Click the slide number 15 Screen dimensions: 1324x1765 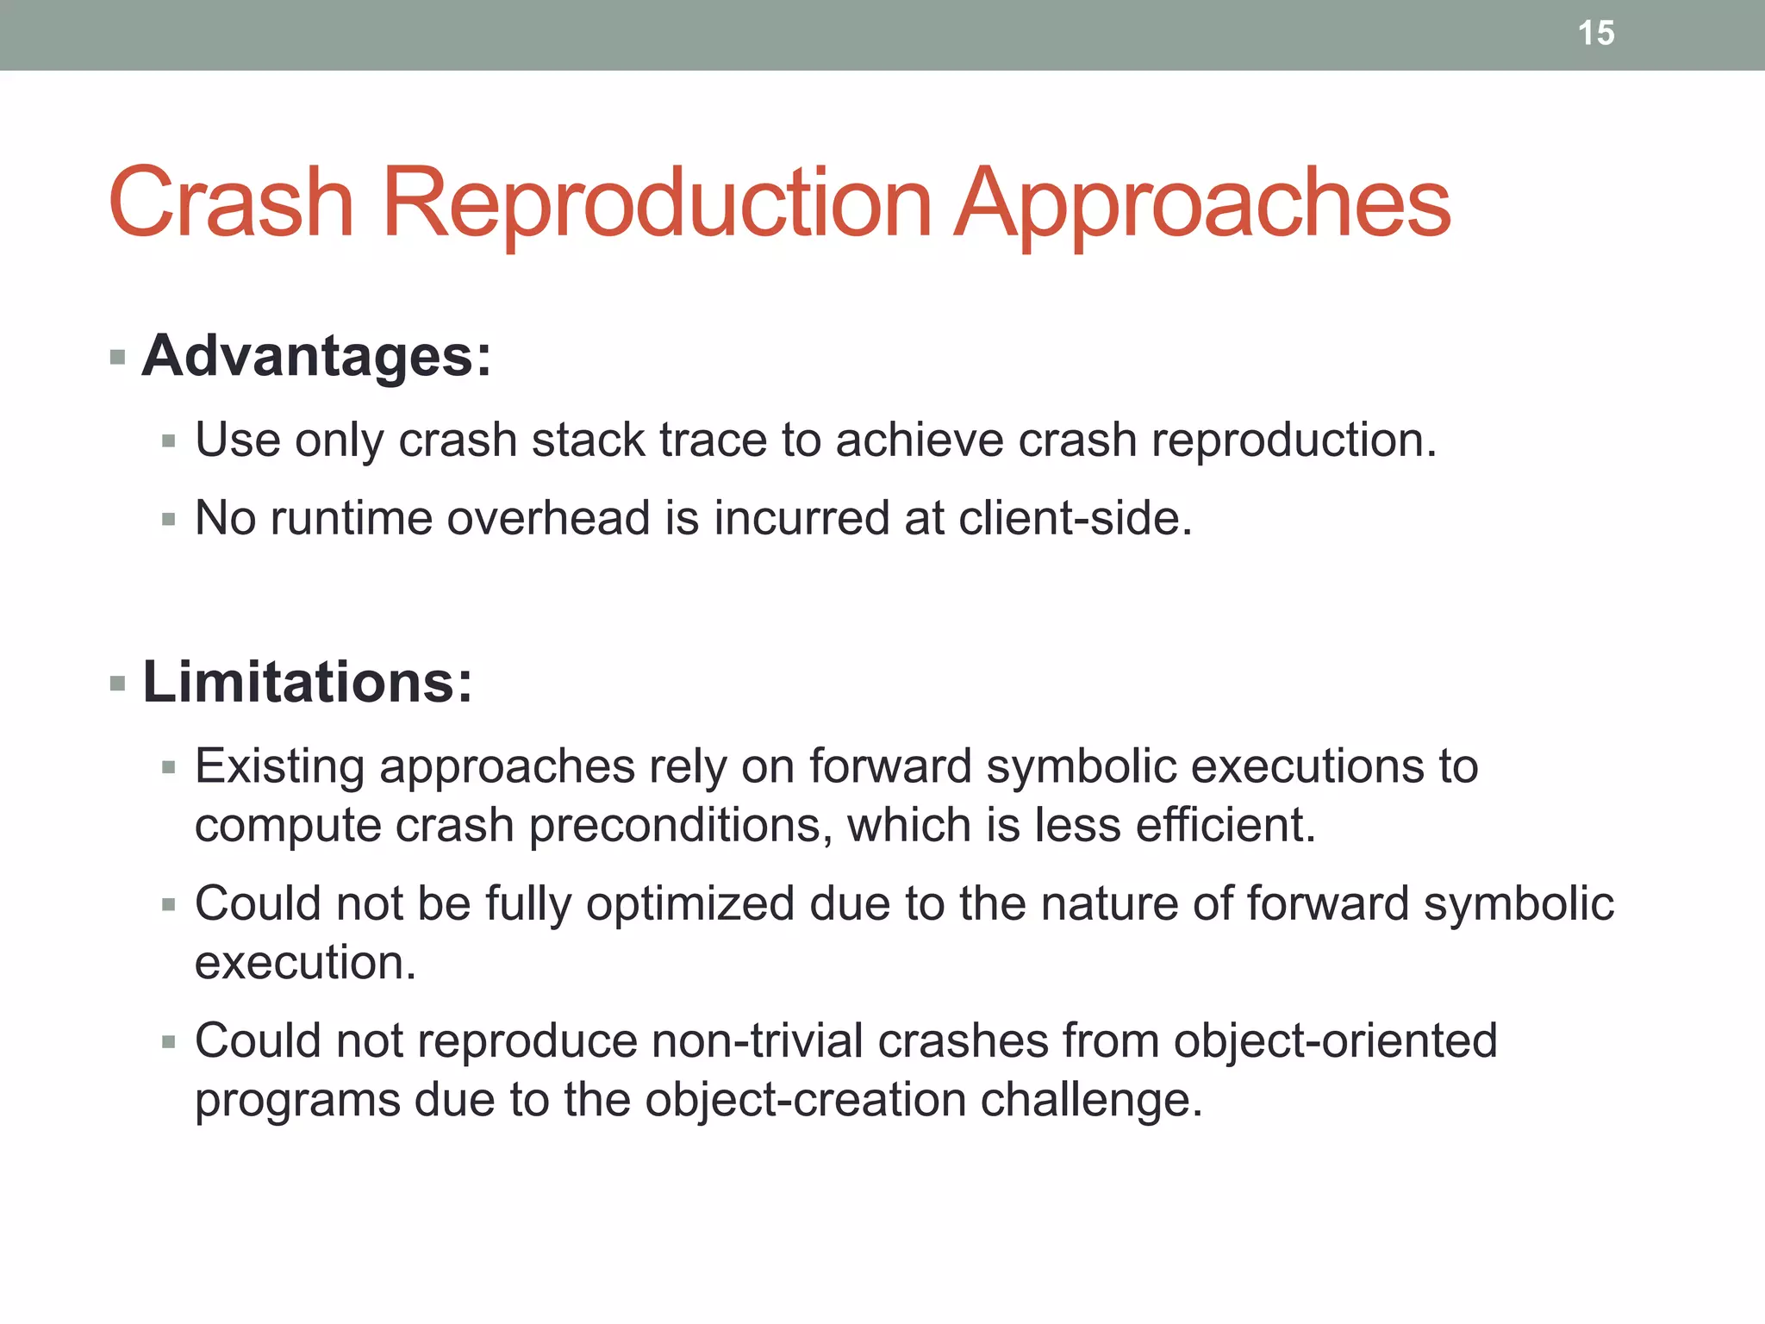1595,34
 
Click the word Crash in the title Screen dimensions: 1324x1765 231,203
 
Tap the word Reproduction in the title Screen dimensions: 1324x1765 657,203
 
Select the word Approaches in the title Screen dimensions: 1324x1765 1203,203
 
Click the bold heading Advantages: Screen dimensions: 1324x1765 316,356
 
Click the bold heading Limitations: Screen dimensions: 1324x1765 308,682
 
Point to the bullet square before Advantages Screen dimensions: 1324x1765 118,357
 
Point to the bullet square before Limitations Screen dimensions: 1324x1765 118,685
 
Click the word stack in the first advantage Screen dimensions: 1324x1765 588,440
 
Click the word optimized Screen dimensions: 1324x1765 689,904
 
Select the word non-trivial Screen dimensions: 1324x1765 758,1040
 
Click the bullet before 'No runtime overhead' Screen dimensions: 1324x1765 169,520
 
